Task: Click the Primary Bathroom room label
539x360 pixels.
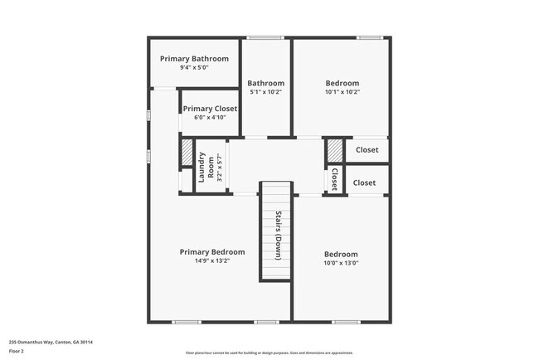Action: pos(194,59)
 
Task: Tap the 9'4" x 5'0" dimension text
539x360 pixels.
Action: pos(194,67)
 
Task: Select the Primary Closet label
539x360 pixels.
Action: pos(210,109)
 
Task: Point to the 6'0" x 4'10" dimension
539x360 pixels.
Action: pos(210,117)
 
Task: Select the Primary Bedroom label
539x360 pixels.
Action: pos(212,252)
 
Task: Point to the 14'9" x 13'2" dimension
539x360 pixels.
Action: pos(212,260)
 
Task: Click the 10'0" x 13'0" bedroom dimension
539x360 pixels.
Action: pos(341,263)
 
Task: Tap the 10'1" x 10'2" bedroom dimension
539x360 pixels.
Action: pos(342,92)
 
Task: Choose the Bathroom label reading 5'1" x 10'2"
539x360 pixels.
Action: pos(265,92)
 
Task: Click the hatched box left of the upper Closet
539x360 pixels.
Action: pos(333,150)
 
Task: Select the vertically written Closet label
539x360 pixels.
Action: pos(334,179)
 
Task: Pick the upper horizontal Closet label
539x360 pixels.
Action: pos(367,150)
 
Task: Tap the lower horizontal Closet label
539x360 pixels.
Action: pos(364,182)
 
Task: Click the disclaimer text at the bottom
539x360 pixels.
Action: pos(269,353)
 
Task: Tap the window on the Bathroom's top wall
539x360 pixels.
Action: pos(265,37)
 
